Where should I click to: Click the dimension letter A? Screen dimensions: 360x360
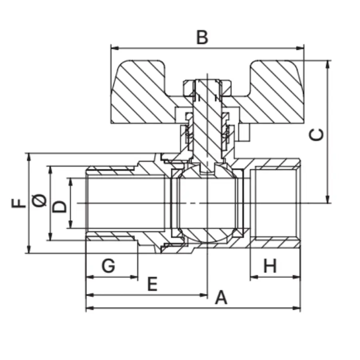click(x=221, y=298)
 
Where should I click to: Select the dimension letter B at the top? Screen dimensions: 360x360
click(x=202, y=38)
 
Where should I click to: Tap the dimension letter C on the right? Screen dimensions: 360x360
click(x=317, y=135)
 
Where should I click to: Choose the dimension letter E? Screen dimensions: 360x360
click(x=152, y=284)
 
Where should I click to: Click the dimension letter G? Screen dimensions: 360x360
click(x=108, y=266)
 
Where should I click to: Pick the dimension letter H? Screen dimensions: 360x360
click(x=270, y=266)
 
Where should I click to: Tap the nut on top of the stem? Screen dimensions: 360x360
click(x=207, y=86)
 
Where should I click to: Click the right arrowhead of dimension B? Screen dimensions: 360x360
click(x=301, y=48)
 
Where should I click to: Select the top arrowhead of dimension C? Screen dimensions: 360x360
click(x=328, y=64)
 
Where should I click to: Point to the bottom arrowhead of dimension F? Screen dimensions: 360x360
click(x=28, y=250)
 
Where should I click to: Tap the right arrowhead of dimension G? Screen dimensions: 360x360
click(x=135, y=276)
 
